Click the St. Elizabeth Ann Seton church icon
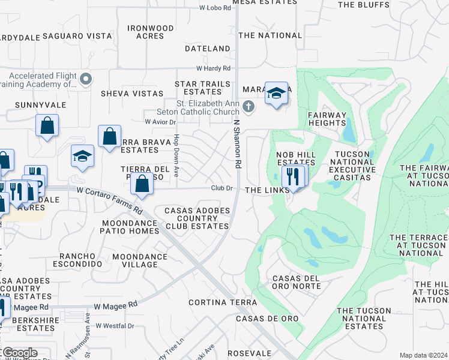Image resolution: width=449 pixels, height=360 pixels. point(249,107)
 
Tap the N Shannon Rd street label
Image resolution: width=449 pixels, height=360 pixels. point(237,143)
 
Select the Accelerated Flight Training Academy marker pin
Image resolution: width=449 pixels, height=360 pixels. point(86,79)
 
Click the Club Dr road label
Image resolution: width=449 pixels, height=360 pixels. point(222,188)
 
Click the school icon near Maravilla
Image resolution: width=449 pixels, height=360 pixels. point(276,93)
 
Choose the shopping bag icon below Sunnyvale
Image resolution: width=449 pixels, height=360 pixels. point(47,126)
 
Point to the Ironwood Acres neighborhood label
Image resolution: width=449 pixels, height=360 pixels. point(151,32)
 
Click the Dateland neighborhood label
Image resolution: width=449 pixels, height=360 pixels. point(208,48)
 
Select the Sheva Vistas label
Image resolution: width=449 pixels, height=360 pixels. point(132,94)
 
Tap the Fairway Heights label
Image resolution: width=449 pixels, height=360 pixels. point(327,119)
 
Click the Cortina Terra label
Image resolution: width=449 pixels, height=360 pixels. point(217,302)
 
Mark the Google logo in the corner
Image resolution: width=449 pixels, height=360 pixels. point(19,353)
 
